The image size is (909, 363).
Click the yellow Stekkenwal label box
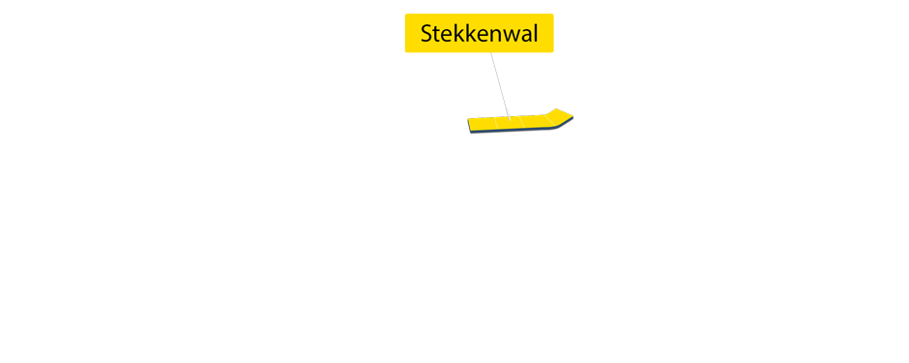coord(479,34)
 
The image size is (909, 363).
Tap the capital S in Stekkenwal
coord(425,34)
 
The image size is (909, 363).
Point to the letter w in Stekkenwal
coord(506,35)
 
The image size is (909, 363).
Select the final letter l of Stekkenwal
coord(535,34)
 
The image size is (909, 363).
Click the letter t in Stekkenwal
coord(436,34)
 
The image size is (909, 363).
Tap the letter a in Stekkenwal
coord(522,35)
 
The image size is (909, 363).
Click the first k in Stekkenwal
coord(456,34)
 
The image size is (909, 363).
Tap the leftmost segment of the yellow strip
coord(482,124)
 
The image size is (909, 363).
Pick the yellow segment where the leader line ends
coord(510,122)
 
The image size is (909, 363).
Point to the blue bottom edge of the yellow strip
coord(513,130)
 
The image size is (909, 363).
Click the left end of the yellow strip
coord(471,125)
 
